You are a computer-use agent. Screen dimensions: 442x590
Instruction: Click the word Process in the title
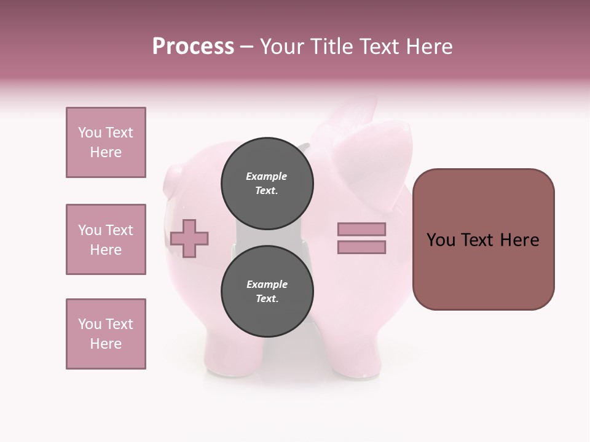193,47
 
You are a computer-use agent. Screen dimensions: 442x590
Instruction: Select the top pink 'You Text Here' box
106,142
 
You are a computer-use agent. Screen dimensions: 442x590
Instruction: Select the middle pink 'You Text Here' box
106,239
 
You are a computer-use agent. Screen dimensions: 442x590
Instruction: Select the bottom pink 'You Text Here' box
106,334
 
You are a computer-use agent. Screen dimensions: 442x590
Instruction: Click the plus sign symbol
189,238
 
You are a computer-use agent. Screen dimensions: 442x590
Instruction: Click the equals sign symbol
361,238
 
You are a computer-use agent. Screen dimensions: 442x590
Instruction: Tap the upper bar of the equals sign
361,230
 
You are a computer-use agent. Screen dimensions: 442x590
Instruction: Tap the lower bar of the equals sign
361,247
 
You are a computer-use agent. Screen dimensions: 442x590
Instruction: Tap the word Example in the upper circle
267,176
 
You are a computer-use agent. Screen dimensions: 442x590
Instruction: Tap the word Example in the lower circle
267,284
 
